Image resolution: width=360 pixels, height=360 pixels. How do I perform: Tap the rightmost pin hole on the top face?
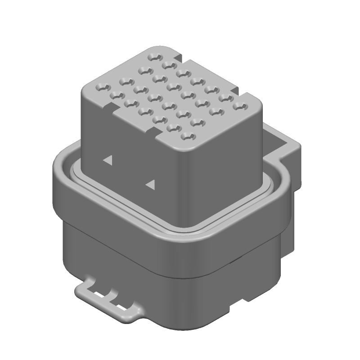pos(239,107)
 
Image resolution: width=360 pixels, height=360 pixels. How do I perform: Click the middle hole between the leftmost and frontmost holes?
pos(143,111)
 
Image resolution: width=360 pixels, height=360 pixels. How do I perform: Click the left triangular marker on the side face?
pos(108,160)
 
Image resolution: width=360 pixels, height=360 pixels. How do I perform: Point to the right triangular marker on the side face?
pos(150,184)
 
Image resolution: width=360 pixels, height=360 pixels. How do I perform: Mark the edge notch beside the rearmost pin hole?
pos(179,58)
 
